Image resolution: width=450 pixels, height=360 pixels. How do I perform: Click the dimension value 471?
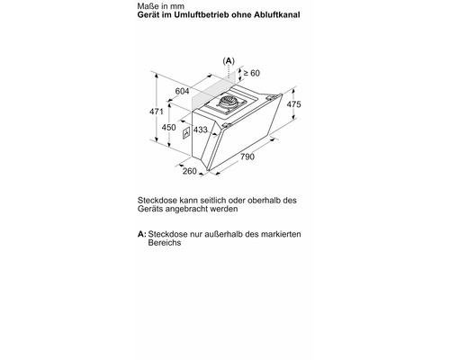[x=156, y=112]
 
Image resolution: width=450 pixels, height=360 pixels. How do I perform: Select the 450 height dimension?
[x=168, y=128]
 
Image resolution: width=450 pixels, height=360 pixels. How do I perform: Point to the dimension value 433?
[x=201, y=130]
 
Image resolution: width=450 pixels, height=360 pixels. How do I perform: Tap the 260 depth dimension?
[x=189, y=171]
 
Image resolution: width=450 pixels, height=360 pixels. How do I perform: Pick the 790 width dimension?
[x=247, y=158]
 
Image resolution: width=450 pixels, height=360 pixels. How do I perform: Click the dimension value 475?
[x=292, y=104]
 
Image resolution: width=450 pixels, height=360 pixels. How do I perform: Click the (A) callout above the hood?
[x=228, y=59]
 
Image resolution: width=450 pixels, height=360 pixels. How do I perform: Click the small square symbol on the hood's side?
[x=186, y=134]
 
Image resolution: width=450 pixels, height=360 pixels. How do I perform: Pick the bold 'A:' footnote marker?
[x=140, y=234]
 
